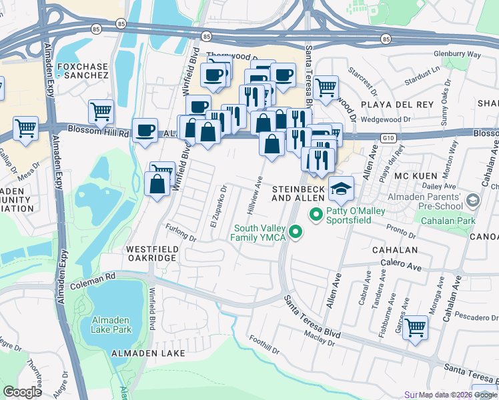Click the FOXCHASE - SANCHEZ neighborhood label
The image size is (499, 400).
(83, 71)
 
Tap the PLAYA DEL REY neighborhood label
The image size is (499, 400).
(396, 105)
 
